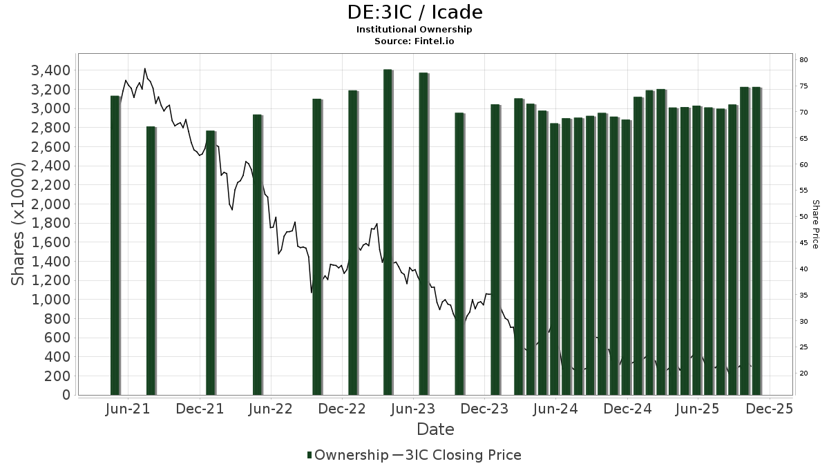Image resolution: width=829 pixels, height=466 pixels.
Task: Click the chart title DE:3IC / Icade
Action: click(414, 12)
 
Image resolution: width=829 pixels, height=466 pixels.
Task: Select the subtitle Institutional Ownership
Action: click(414, 30)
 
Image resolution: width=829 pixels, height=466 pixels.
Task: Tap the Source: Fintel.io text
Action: click(414, 41)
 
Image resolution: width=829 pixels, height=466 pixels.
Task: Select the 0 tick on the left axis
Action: click(66, 395)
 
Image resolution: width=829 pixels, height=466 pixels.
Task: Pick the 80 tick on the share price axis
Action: click(803, 60)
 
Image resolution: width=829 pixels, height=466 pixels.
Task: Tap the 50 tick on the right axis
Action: click(803, 217)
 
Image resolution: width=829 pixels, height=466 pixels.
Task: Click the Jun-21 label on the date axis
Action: click(128, 409)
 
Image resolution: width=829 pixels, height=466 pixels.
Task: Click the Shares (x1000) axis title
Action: click(19, 224)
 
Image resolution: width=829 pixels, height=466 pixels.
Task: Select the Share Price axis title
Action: click(816, 224)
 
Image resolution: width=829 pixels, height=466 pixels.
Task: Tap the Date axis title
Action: click(435, 429)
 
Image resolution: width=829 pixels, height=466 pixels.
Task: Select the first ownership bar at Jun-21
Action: click(115, 245)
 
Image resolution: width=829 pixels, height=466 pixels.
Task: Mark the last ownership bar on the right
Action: click(756, 241)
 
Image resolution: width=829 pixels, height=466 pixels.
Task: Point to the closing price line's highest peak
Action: click(144, 68)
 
